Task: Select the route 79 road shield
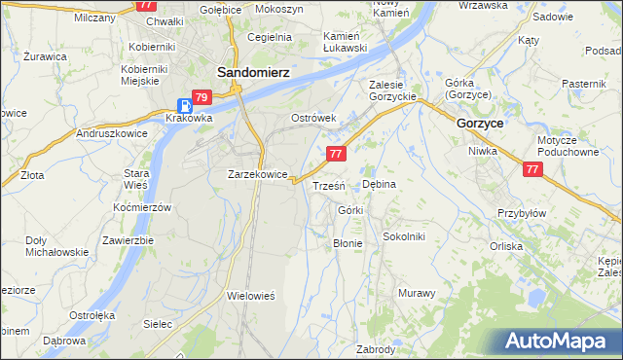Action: pyautogui.click(x=202, y=97)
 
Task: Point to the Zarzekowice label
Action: pyautogui.click(x=257, y=174)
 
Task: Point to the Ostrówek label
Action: pyautogui.click(x=313, y=118)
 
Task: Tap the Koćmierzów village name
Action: pyautogui.click(x=142, y=207)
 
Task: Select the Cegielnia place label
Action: pyautogui.click(x=270, y=37)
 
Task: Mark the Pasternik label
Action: pyautogui.click(x=584, y=85)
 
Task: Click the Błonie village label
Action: pyautogui.click(x=348, y=243)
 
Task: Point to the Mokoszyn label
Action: pyautogui.click(x=278, y=8)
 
